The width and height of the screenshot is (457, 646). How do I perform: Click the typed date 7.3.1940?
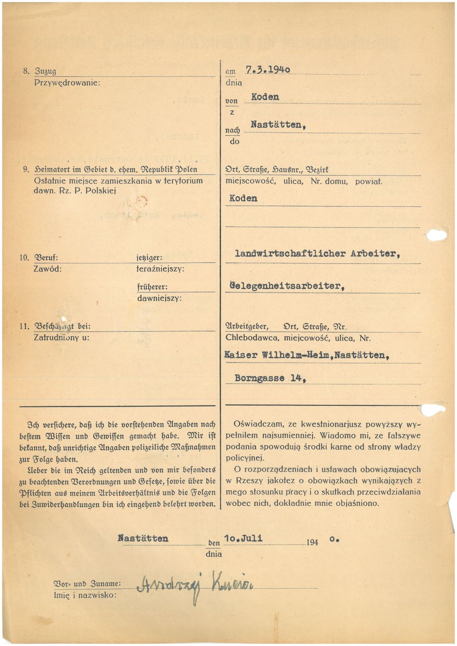(268, 70)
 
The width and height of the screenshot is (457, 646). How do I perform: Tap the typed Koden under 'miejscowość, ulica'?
(243, 198)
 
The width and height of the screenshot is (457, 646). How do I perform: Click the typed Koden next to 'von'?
(265, 97)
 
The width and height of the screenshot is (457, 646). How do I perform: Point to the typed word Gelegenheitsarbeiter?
(287, 286)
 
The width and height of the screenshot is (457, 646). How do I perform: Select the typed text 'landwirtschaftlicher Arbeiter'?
(317, 254)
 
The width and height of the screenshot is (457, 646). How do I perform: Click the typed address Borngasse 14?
(270, 378)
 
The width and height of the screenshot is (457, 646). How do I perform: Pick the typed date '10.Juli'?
(243, 538)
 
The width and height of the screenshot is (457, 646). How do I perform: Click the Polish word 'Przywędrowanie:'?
(67, 83)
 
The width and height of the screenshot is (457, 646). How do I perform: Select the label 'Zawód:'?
(48, 269)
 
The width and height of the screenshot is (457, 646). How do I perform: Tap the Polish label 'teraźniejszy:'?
(160, 269)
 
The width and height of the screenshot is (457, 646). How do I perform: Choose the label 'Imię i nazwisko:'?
(85, 595)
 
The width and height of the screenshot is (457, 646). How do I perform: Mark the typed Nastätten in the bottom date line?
(143, 538)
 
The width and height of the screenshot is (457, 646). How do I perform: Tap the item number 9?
(26, 169)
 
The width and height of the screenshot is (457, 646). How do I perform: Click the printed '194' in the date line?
(312, 542)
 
